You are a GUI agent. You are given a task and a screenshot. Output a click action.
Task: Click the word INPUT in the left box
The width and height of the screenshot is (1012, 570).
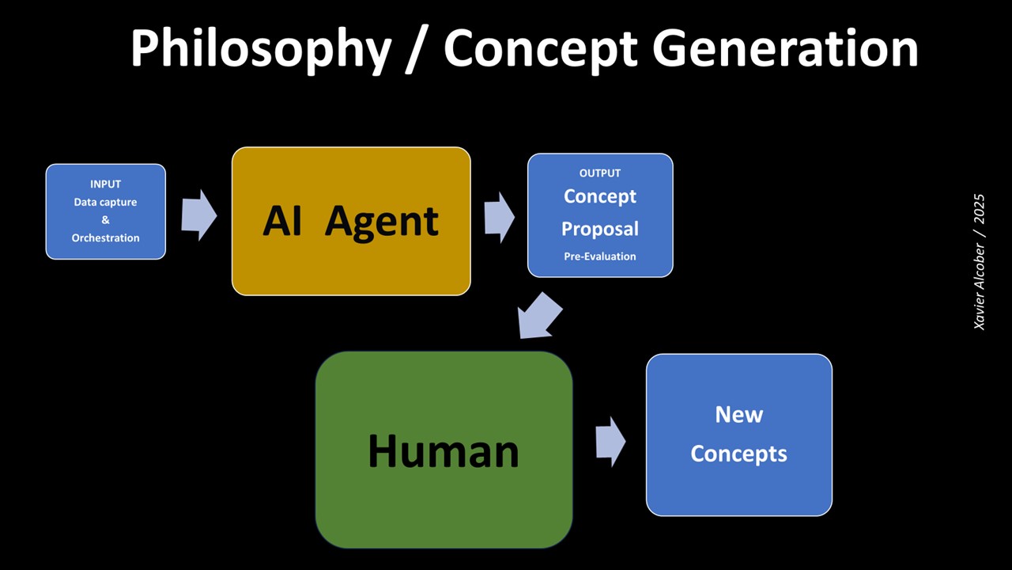click(105, 184)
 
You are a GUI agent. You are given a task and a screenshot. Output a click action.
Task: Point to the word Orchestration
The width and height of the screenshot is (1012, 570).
click(105, 237)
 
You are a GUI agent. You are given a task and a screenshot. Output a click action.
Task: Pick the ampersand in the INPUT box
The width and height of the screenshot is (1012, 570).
click(105, 220)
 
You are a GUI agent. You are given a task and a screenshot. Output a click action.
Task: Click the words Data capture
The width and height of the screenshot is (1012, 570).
click(105, 202)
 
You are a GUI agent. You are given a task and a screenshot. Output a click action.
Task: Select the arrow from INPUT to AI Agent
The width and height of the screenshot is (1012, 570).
click(198, 215)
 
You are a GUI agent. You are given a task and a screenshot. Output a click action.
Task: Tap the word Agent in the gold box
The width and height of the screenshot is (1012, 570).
click(382, 221)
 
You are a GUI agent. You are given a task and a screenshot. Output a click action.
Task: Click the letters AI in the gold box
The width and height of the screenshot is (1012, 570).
click(282, 221)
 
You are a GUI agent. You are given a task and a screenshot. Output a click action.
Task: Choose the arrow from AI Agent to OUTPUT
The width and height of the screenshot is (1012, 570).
click(499, 216)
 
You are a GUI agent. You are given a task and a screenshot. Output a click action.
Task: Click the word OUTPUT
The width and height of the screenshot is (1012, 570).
click(600, 173)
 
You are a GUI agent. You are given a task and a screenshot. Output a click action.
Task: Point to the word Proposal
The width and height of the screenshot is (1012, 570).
click(600, 229)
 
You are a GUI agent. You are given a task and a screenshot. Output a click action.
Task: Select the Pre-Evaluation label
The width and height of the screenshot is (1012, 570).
click(600, 256)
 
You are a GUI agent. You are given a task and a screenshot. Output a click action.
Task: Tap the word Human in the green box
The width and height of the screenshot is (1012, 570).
click(444, 451)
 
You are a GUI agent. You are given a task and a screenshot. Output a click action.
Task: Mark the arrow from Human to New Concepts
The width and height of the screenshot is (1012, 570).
click(610, 442)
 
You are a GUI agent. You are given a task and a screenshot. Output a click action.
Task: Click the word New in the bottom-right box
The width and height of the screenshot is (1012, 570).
click(739, 414)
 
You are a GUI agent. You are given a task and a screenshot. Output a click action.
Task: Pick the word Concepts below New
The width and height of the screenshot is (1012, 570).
click(739, 454)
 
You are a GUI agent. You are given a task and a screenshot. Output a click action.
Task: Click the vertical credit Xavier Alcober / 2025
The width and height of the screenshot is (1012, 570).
click(980, 262)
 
